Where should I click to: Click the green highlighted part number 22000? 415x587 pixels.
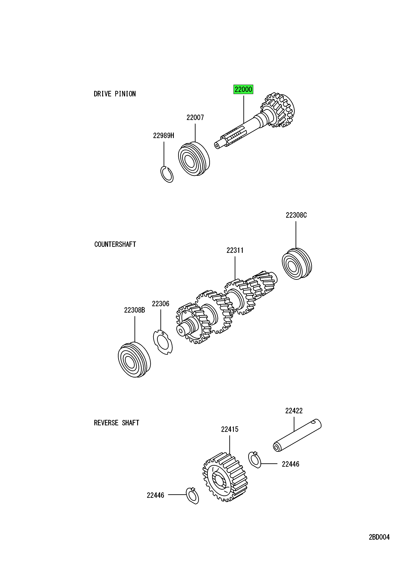click(x=243, y=90)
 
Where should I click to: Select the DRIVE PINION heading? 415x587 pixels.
click(x=115, y=94)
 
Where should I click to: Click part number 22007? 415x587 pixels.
click(x=195, y=118)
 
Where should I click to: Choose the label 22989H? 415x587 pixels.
click(x=164, y=136)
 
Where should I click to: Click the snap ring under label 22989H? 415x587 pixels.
click(x=167, y=174)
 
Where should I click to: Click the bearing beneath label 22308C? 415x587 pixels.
click(x=297, y=264)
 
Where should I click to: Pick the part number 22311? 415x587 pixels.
click(x=235, y=250)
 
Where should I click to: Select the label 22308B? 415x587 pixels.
click(x=134, y=310)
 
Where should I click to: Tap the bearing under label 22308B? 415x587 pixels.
click(x=134, y=360)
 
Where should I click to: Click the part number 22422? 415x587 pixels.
click(x=294, y=411)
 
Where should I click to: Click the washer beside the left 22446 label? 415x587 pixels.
click(x=192, y=496)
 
